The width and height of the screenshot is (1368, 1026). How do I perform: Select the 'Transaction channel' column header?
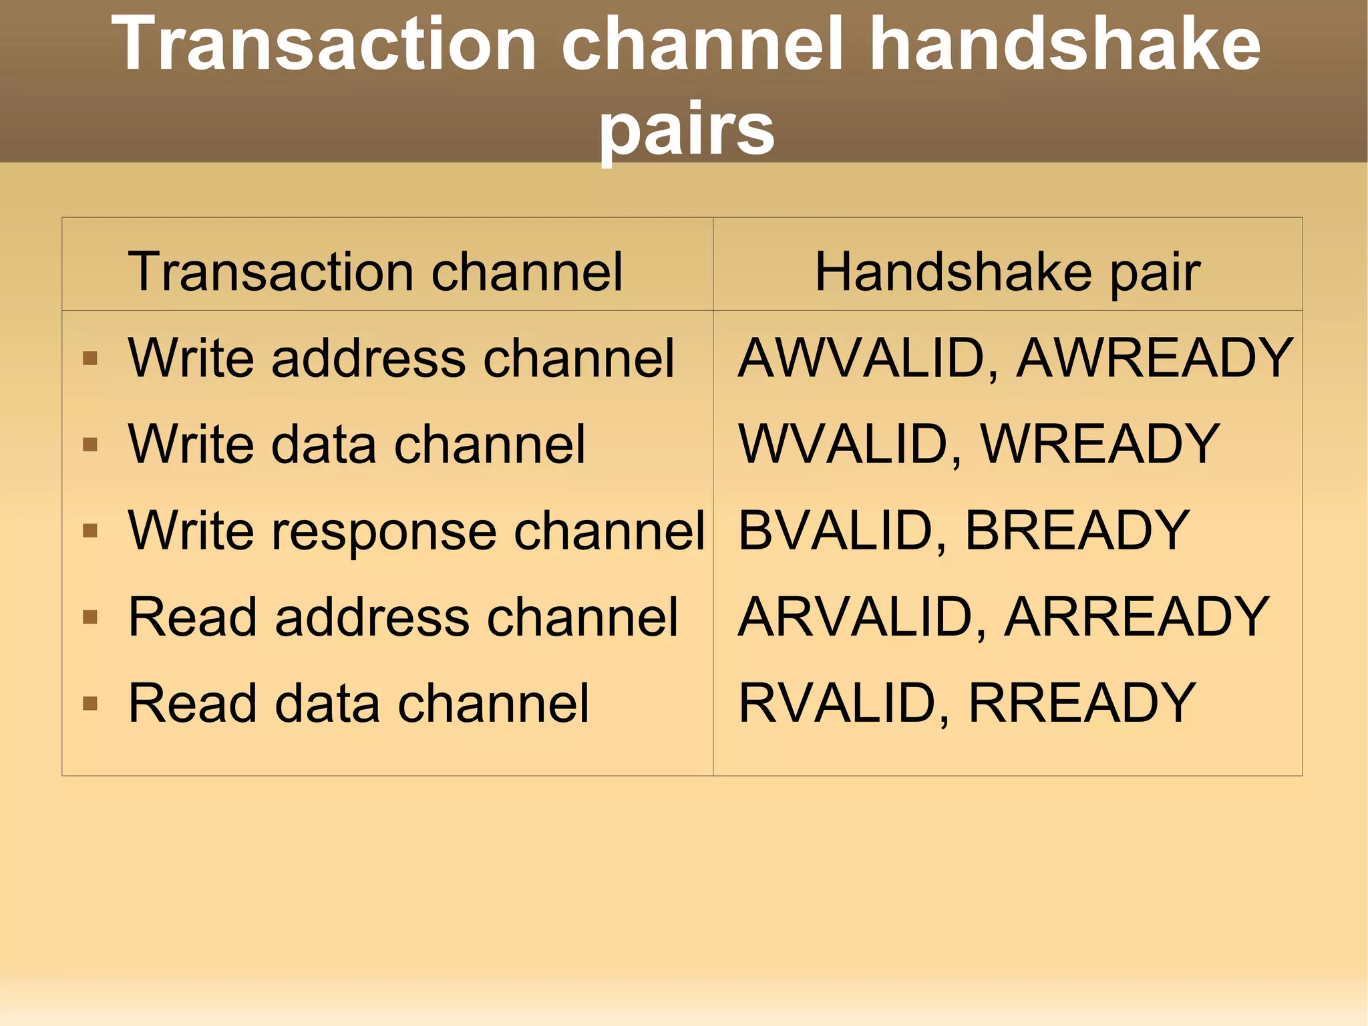coord(375,272)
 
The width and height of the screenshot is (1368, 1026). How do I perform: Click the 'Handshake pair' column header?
coord(1007,272)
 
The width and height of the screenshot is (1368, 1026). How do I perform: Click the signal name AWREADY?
coord(1154,358)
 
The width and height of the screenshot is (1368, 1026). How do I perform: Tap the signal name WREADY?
coord(1099,444)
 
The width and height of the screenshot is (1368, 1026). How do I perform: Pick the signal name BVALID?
coord(835,530)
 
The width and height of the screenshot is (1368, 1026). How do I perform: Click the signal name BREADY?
coord(1077,530)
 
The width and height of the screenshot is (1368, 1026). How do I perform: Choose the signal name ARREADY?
coord(1136,617)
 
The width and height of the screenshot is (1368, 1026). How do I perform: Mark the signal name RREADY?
coord(1081,703)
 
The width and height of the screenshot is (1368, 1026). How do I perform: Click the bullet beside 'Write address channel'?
coord(90,359)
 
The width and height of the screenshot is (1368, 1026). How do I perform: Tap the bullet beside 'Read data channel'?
coord(90,704)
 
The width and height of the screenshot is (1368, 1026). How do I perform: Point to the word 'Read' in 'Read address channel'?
coord(192,617)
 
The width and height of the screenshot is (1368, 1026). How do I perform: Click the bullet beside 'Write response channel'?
coord(90,531)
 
